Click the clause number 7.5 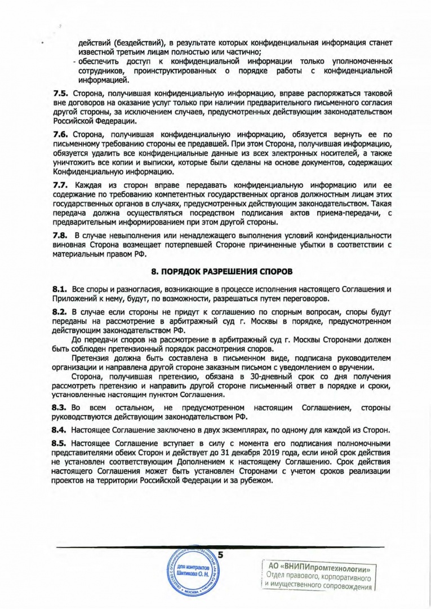[60, 92]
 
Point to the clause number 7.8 [60, 235]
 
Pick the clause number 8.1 [60, 289]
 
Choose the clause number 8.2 [60, 311]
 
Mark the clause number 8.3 [60, 407]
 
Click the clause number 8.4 [60, 430]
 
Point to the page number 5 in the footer [220, 555]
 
